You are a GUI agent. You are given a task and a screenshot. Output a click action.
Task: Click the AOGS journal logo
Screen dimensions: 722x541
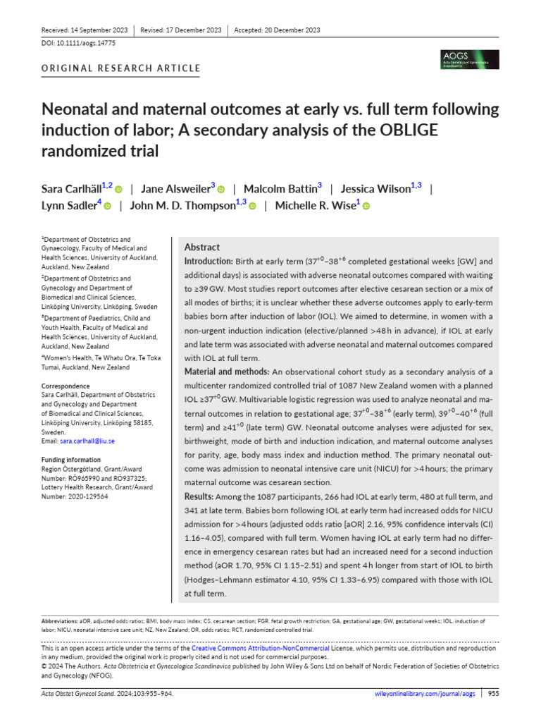pyautogui.click(x=469, y=59)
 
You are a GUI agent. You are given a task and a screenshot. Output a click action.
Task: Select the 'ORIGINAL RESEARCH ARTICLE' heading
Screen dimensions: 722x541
pyautogui.click(x=121, y=68)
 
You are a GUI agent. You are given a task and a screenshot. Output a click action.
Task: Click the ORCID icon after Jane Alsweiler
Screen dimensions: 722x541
pyautogui.click(x=220, y=189)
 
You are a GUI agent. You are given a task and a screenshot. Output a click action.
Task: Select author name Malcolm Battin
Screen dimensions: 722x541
pyautogui.click(x=280, y=188)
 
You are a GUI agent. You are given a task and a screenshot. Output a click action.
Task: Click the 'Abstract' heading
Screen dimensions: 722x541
pyautogui.click(x=201, y=247)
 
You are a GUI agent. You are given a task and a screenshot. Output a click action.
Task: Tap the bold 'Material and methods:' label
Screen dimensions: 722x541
pyautogui.click(x=226, y=372)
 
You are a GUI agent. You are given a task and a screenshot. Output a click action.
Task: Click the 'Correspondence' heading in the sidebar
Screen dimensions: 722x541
pyautogui.click(x=66, y=386)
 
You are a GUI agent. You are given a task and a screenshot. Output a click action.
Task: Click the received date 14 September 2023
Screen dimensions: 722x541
pyautogui.click(x=97, y=30)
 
